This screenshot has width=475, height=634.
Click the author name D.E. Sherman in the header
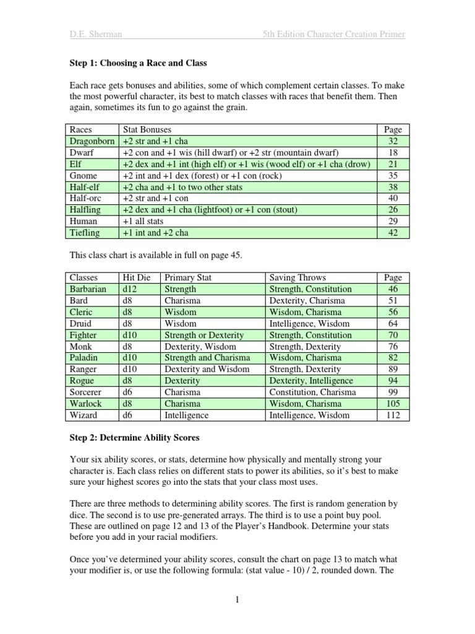point(96,35)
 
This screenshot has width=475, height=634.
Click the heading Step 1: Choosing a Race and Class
point(138,63)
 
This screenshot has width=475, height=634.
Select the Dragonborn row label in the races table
point(93,141)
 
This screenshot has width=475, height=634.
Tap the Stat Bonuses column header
point(147,129)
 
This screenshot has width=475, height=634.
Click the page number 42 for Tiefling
point(393,233)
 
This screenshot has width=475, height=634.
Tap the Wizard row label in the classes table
point(83,415)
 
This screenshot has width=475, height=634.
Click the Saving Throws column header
point(297,278)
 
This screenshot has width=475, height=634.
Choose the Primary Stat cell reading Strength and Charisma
point(207,358)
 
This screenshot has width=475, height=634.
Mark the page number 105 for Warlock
point(393,404)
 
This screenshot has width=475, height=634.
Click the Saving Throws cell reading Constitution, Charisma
point(312,393)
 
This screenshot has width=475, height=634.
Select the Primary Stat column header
point(188,278)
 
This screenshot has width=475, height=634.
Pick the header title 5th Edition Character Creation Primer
point(333,35)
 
